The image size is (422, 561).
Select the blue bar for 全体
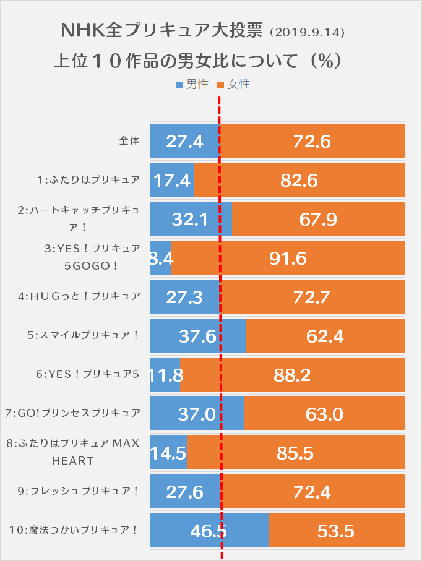[184, 141]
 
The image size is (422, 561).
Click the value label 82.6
[298, 180]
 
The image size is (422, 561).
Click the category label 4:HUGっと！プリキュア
[79, 296]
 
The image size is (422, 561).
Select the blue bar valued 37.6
[198, 335]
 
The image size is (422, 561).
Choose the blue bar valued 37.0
[197, 414]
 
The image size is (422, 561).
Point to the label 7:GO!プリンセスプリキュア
[72, 413]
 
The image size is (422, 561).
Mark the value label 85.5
[295, 453]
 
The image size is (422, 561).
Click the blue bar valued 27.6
[185, 492]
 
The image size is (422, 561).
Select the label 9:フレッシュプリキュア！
[79, 491]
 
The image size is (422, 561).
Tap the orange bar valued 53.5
[336, 531]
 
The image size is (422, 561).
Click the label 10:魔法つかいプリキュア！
[73, 530]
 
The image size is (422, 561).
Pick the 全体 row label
[129, 141]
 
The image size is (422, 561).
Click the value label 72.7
[312, 297]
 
